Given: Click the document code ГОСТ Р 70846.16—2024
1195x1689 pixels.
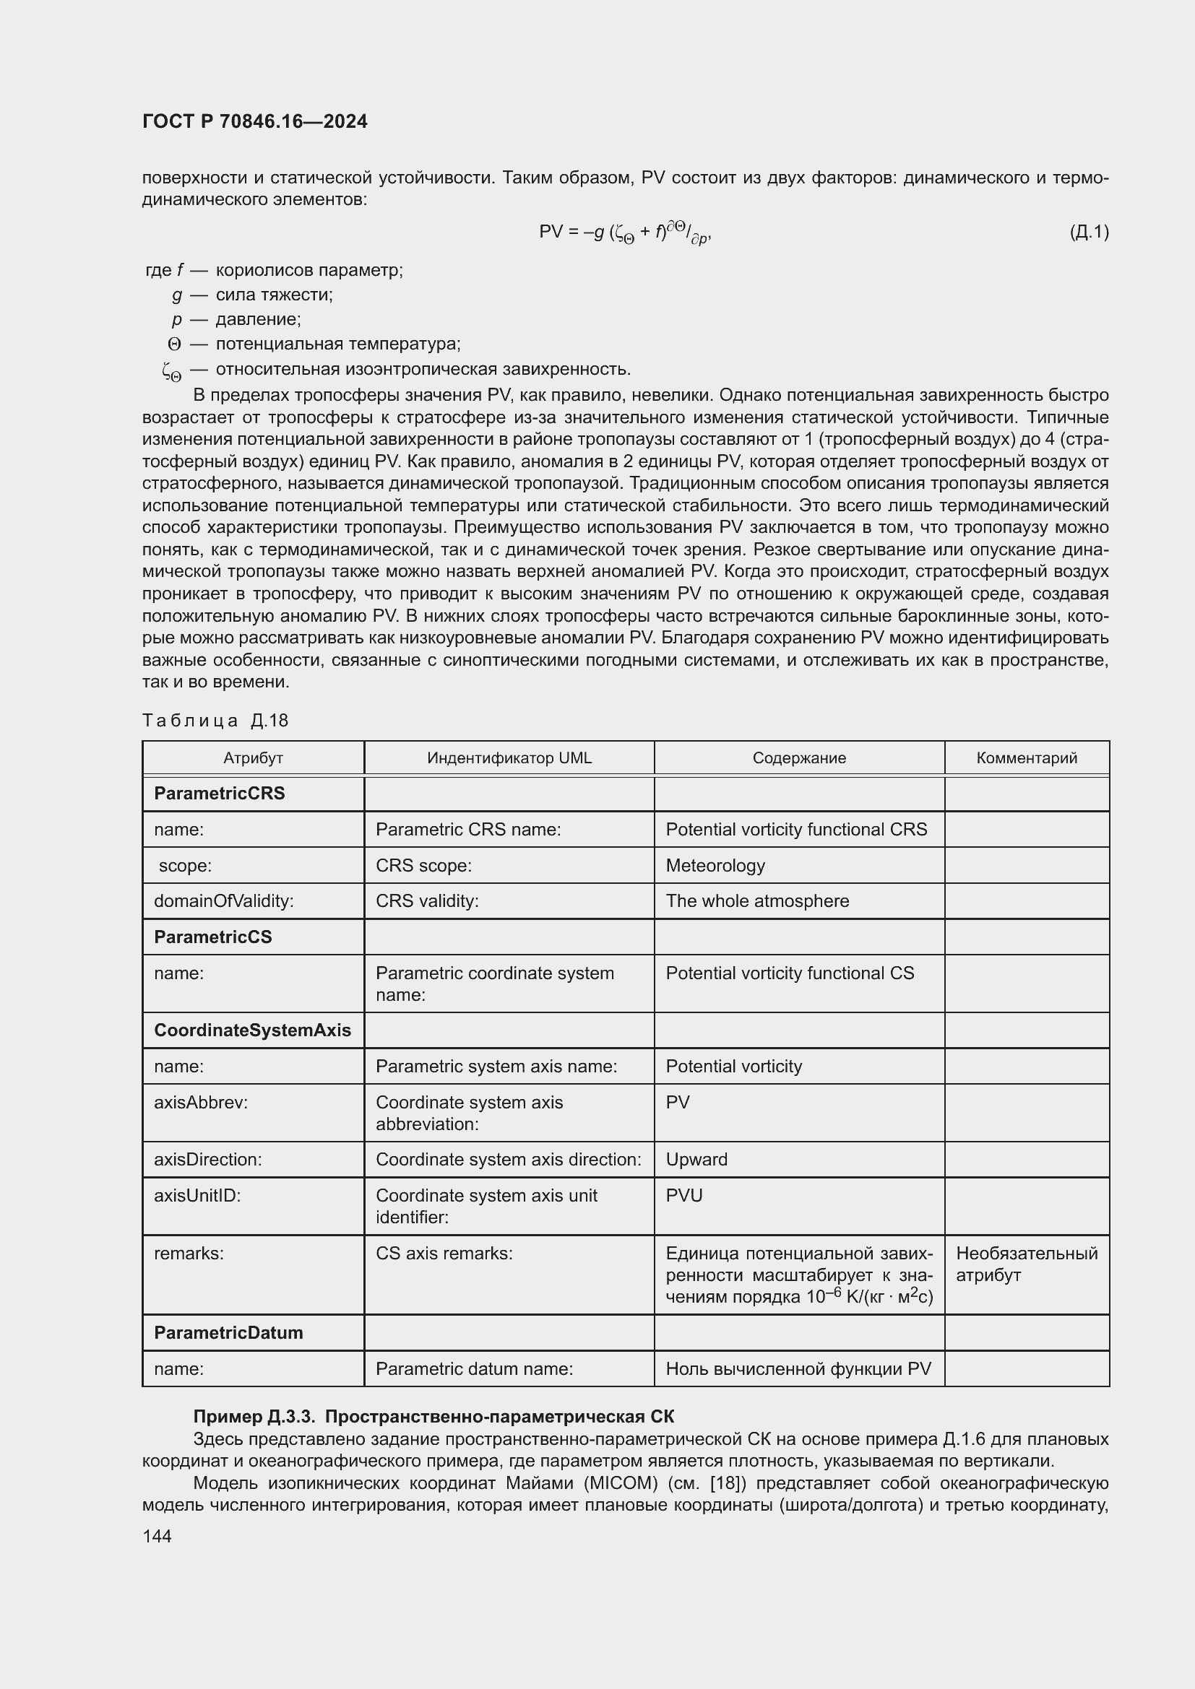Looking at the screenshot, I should point(254,121).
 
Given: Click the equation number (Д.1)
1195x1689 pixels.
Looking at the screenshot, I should point(1088,233).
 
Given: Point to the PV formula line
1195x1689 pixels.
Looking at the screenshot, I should point(625,233).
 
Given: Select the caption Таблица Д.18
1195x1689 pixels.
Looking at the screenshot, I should point(215,720).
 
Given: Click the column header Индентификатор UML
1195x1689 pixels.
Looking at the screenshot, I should point(509,757).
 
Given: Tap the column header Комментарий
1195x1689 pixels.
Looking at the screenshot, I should point(1027,757).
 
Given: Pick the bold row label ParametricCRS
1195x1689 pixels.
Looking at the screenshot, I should point(220,793).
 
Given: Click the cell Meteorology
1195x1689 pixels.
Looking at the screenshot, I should point(715,865).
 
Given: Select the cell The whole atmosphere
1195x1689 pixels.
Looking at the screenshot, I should point(757,900).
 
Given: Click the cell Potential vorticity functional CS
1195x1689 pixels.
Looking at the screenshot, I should point(790,973).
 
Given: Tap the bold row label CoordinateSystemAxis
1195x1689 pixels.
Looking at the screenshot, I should point(252,1030).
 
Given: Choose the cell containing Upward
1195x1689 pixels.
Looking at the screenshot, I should point(696,1160).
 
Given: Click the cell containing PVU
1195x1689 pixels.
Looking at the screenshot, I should point(683,1195).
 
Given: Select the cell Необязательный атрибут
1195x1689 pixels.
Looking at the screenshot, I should point(1026,1264).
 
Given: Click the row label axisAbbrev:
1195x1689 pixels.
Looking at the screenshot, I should point(201,1102).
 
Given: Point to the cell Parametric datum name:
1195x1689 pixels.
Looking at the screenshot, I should point(474,1368).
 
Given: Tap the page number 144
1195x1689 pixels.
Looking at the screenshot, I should point(157,1536).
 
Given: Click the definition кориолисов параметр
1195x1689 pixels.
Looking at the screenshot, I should point(309,270).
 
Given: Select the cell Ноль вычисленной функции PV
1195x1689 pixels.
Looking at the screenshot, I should point(798,1368).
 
